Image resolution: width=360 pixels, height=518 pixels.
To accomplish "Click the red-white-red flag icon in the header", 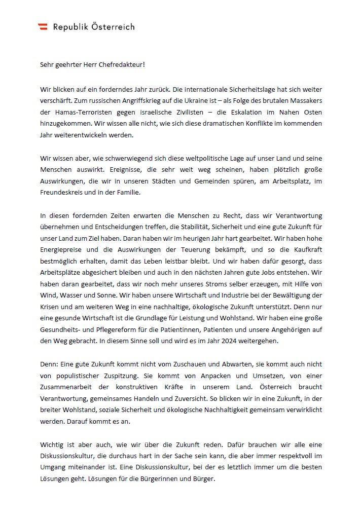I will [43, 27].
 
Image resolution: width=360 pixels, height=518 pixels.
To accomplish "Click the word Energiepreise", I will [63, 250].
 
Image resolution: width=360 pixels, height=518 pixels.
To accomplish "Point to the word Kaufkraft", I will [304, 250].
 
